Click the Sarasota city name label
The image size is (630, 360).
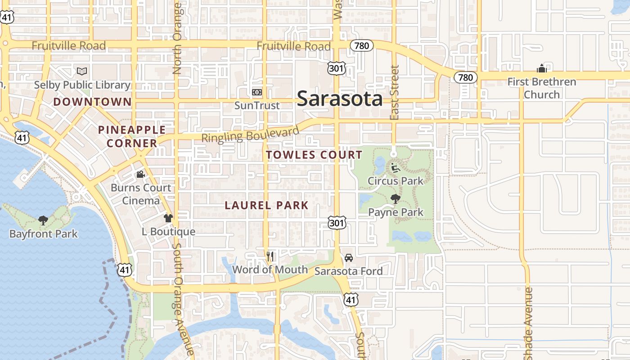pos(340,99)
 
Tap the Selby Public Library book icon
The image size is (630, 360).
pos(81,71)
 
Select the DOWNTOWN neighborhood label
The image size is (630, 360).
pos(93,102)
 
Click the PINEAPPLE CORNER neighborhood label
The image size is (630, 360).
pos(131,136)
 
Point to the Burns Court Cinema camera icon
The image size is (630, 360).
pos(140,174)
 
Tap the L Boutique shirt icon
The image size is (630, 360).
pos(168,218)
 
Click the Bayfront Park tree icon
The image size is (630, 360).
pos(43,220)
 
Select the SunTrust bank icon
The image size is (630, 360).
pos(257,92)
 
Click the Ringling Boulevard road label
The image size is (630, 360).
pos(250,135)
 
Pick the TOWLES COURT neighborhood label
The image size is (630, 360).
pos(314,155)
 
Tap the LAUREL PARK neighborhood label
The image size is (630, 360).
pos(266,206)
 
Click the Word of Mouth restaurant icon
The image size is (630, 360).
pos(270,256)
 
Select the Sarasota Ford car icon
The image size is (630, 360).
pos(348,258)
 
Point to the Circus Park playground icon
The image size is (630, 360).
pos(395,168)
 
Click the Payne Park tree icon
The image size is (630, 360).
pos(396,199)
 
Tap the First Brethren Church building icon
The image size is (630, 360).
pos(541,68)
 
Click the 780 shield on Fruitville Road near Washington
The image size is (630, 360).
pos(362,45)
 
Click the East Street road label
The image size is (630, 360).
pos(395,92)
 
